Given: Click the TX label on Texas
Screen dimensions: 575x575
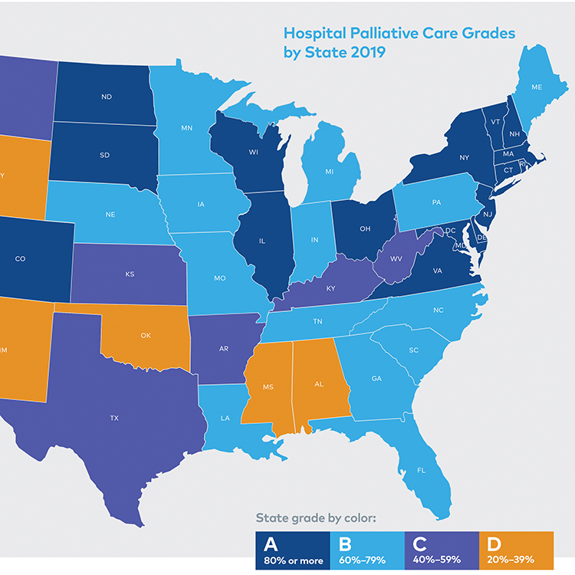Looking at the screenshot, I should pos(114,418).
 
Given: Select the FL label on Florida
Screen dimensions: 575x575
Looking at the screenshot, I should pos(421,469).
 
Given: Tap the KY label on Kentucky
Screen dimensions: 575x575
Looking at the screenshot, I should pos(331,288).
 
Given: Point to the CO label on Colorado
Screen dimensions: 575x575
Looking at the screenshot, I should pos(21,258).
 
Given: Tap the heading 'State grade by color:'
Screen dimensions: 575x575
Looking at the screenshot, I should pos(316,518).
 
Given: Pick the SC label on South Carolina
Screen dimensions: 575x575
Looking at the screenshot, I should pos(413,350).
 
